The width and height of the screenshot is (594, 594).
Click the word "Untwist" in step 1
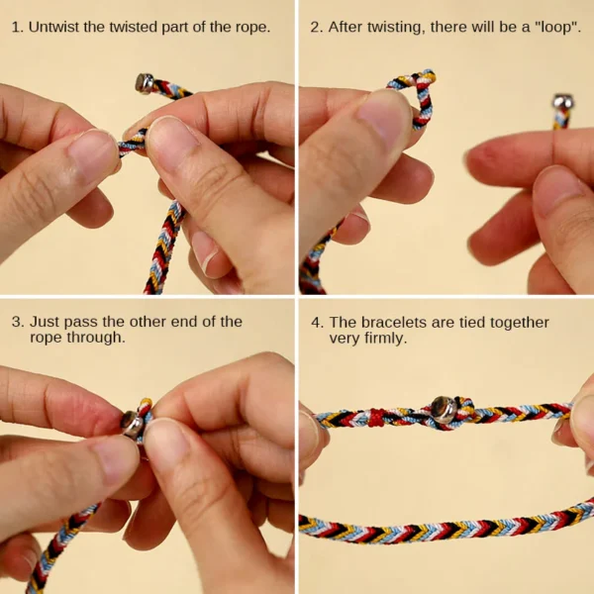[x=55, y=27]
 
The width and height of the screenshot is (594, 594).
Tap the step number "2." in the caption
[x=316, y=27]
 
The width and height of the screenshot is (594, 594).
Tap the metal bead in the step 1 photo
[x=145, y=82]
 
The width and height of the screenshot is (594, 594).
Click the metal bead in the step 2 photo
[x=562, y=103]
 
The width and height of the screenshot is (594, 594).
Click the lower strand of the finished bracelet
[x=445, y=530]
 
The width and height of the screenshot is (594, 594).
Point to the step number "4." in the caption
[x=316, y=322]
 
